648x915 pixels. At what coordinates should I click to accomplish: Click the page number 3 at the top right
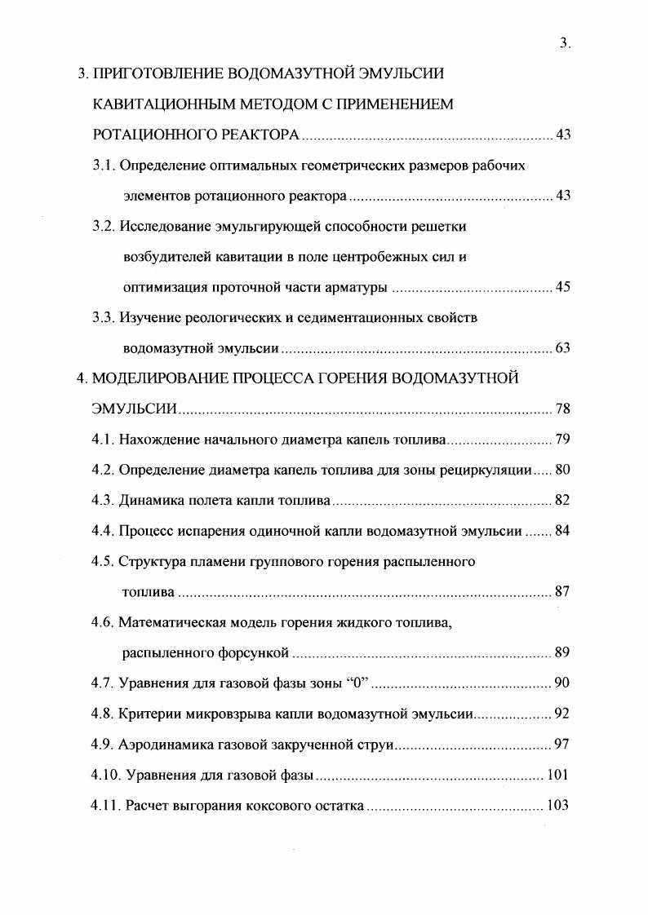click(x=563, y=44)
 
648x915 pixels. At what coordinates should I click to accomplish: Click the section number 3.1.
click(x=103, y=166)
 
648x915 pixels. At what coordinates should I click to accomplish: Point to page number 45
click(x=562, y=287)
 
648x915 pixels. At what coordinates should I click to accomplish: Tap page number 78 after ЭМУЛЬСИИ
click(x=562, y=409)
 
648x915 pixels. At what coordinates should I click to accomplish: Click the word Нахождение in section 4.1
click(x=156, y=440)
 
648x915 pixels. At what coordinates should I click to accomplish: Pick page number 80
click(x=562, y=471)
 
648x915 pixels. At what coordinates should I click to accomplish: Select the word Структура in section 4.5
click(x=150, y=562)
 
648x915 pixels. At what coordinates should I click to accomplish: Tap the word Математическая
click(x=169, y=623)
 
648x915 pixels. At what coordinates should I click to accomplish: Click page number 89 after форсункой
click(x=562, y=653)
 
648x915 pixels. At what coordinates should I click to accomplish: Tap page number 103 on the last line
click(x=559, y=806)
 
